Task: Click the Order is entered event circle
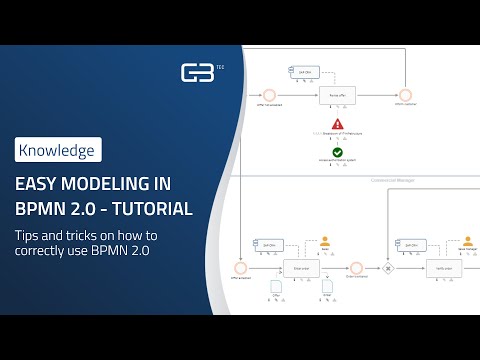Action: (356, 267)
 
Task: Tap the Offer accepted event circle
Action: (240, 267)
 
